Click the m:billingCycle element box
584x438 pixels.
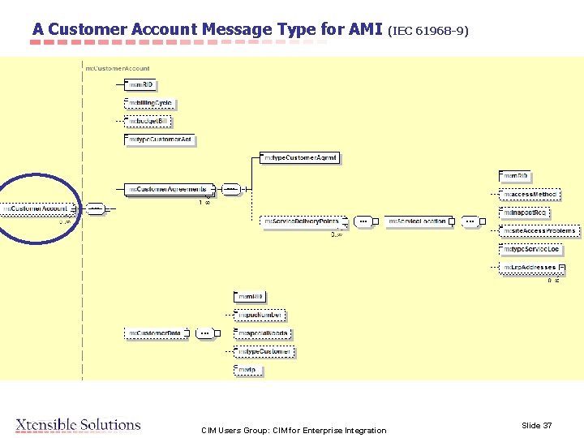pos(150,104)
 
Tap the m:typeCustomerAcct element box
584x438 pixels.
pos(161,140)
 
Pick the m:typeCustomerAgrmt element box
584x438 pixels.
pos(299,157)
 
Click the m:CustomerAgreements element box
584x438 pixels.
pos(168,189)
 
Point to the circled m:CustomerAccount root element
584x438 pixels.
pos(36,209)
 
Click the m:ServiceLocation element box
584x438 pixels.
pos(417,221)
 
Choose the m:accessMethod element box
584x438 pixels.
pos(530,195)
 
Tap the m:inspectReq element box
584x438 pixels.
pos(525,213)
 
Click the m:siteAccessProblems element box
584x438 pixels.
pos(539,231)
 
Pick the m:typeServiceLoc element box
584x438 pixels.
pos(531,249)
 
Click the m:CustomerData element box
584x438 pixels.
pos(156,333)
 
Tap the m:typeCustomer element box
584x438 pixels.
pos(264,351)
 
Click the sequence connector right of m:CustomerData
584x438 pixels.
pos(206,333)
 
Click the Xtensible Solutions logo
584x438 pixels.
pos(78,425)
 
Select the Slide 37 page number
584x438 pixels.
pos(536,426)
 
